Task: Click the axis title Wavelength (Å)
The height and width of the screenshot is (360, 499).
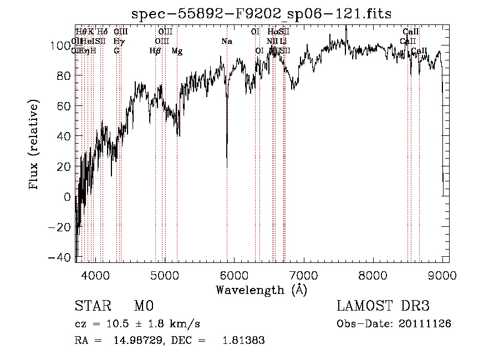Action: [261, 290]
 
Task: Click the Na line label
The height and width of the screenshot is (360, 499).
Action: [227, 42]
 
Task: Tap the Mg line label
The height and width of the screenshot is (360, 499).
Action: [177, 51]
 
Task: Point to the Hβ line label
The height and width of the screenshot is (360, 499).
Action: [155, 51]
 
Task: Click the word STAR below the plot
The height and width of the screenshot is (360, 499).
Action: [93, 306]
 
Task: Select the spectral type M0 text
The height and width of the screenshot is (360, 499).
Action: [143, 306]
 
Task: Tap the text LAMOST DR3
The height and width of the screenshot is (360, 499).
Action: [383, 306]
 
